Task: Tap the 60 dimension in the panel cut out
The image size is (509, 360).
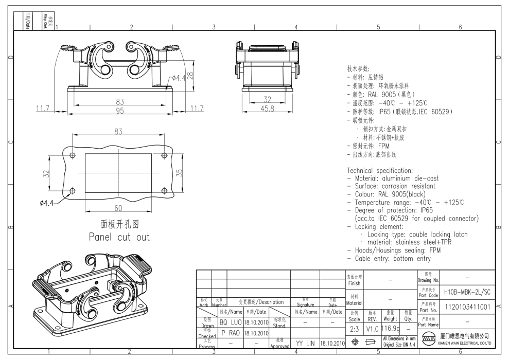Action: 118,207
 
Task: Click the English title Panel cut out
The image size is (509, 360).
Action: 118,237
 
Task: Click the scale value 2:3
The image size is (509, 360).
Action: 355,329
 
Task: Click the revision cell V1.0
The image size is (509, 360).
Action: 372,329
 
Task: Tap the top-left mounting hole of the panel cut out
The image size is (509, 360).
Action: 73,155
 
